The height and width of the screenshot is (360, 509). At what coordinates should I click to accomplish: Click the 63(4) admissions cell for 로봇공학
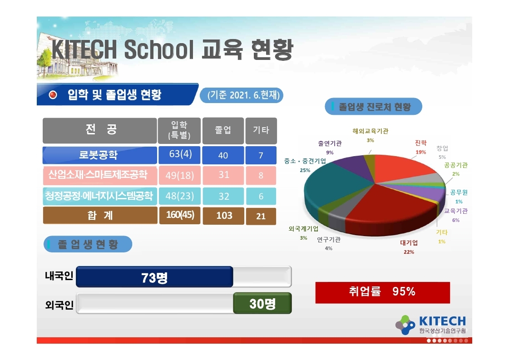point(179,155)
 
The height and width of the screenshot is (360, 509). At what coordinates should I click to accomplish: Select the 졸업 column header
point(223,130)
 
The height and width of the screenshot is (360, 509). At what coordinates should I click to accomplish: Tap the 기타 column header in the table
point(261,130)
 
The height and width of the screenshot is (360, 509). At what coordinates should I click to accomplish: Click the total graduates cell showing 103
point(223,216)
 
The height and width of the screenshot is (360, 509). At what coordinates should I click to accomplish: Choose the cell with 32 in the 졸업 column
point(223,196)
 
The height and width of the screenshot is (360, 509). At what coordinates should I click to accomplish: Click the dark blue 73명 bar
point(154,277)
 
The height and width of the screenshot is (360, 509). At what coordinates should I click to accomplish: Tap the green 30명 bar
point(262,303)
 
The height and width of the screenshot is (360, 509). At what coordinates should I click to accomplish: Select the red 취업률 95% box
point(382,292)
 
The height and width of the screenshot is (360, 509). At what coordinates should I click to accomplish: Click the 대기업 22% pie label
point(409,247)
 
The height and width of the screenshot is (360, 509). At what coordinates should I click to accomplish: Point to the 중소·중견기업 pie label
point(305,165)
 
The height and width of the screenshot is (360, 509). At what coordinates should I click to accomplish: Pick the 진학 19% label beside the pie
point(421,147)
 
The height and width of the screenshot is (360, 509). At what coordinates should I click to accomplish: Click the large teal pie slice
point(328,188)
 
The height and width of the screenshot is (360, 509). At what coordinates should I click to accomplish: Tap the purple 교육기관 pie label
point(456,215)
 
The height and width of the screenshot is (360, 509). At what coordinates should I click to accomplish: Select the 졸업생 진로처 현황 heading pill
point(373,107)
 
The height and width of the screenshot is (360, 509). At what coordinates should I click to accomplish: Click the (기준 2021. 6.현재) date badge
point(242,95)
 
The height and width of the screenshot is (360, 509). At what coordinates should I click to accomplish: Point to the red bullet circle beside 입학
point(53,95)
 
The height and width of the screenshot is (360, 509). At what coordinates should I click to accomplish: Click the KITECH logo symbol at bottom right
point(405,325)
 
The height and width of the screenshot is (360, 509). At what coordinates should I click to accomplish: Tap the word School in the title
point(159,49)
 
